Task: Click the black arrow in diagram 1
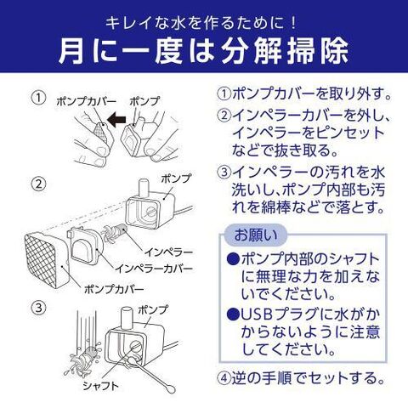tap(116, 120)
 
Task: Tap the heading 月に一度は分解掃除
tap(204, 52)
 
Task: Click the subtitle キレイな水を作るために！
tap(201, 23)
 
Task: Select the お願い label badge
tap(255, 235)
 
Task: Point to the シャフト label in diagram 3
tap(100, 386)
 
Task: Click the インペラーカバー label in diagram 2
tap(154, 269)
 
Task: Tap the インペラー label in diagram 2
tap(169, 252)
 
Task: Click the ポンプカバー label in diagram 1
tap(86, 101)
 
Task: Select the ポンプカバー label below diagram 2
tap(114, 289)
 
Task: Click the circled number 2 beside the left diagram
tap(38, 184)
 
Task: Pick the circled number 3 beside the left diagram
tap(38, 308)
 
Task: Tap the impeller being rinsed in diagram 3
tap(84, 358)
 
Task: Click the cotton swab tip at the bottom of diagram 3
tap(170, 388)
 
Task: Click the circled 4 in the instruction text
tap(224, 378)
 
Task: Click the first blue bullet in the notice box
tap(233, 258)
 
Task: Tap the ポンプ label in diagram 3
tap(153, 309)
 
